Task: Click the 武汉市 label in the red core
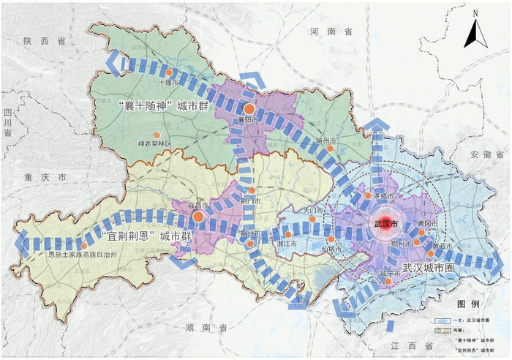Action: click(x=385, y=224)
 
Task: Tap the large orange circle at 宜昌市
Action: click(x=198, y=217)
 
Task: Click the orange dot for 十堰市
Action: click(x=168, y=73)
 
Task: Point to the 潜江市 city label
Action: click(x=286, y=244)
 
